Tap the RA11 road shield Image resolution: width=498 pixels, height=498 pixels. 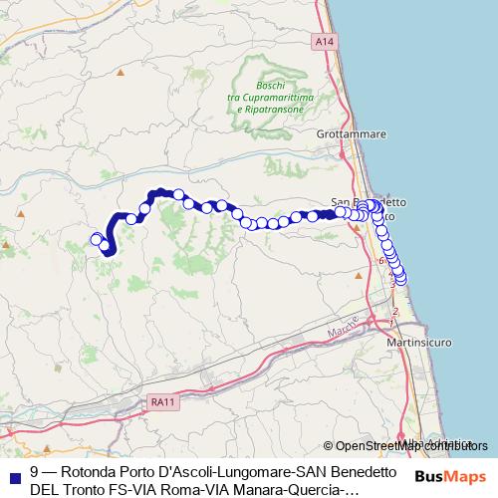tap(163, 401)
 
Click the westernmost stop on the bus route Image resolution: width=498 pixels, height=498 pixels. tap(97, 239)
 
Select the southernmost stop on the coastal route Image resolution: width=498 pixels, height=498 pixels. tap(401, 280)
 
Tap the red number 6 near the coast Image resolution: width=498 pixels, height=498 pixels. tap(380, 261)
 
